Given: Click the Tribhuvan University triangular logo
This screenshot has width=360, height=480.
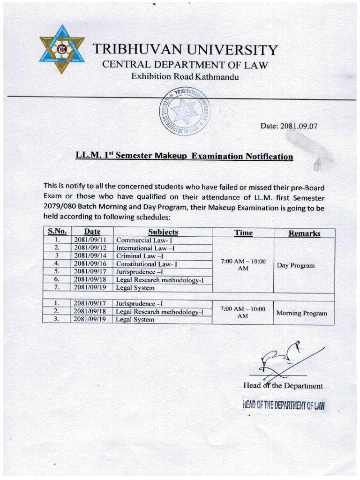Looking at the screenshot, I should click(x=62, y=49).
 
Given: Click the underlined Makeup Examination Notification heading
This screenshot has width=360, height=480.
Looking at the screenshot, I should click(x=184, y=156).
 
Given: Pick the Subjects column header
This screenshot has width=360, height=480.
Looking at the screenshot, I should click(x=163, y=232).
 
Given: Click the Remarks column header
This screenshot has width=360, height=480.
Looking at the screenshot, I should click(x=304, y=233).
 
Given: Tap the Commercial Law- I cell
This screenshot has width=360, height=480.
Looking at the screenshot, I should click(x=138, y=240).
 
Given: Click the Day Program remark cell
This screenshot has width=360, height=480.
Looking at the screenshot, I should click(x=295, y=265).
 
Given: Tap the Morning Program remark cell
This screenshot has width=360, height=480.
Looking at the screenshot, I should click(x=301, y=313).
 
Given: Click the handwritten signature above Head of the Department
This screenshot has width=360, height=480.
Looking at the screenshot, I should click(x=281, y=359).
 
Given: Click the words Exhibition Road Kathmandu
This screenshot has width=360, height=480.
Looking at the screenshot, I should click(x=185, y=76).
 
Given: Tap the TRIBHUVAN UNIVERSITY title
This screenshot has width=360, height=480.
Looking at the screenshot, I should click(x=185, y=50).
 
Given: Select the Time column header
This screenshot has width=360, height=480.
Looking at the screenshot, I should click(x=243, y=232).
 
